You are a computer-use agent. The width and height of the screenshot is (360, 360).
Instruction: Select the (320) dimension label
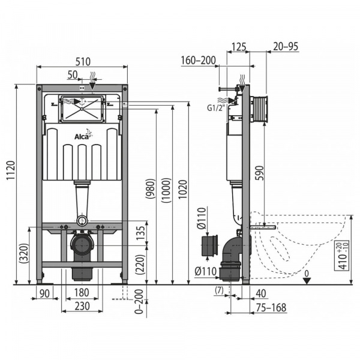tap(23, 255)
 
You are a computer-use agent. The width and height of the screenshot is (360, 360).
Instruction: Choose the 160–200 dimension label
tap(198, 60)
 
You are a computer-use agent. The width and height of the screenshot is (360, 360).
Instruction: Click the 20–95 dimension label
tap(286, 47)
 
